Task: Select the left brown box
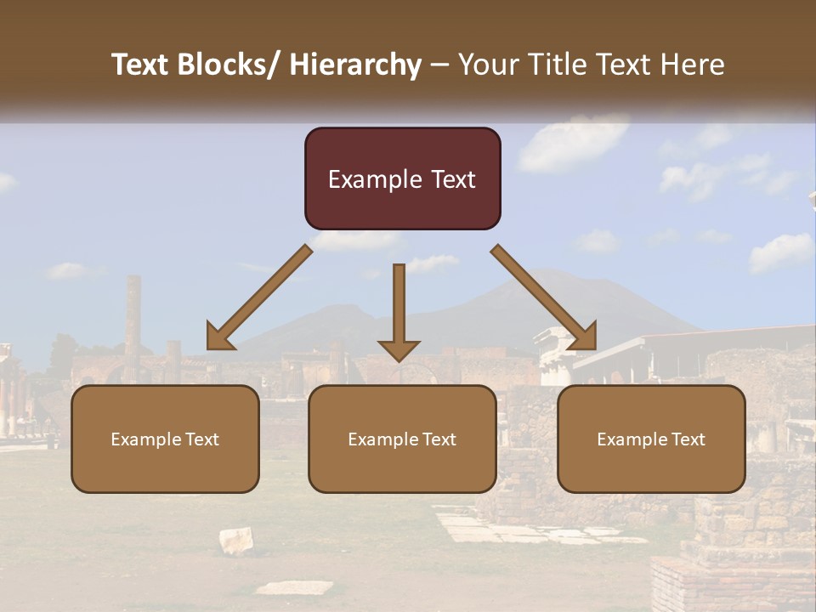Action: [x=165, y=439]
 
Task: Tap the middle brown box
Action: [x=402, y=439]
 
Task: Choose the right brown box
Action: [x=651, y=439]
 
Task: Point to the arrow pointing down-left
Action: [x=259, y=297]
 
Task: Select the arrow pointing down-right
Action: [x=543, y=297]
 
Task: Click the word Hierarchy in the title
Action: [x=355, y=65]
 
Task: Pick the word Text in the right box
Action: [x=688, y=439]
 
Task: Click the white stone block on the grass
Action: [x=236, y=540]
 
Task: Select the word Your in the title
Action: [x=485, y=65]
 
